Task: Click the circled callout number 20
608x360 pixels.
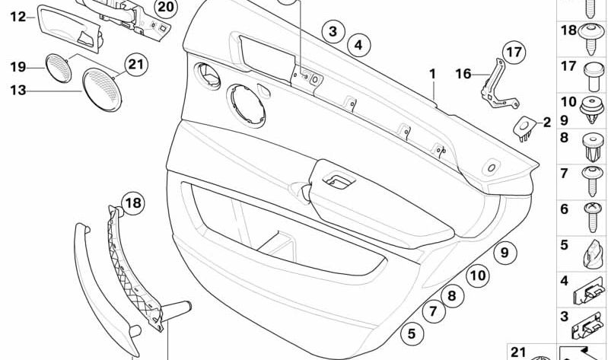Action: (x=165, y=8)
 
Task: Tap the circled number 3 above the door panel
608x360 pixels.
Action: (x=333, y=31)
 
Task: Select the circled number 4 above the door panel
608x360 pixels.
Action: (x=358, y=45)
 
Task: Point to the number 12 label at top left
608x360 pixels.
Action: (x=18, y=17)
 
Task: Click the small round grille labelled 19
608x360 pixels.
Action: (x=58, y=68)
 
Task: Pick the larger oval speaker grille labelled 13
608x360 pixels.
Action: (x=102, y=90)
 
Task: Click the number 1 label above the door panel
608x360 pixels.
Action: (x=432, y=74)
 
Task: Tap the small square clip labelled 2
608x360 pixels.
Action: (x=524, y=129)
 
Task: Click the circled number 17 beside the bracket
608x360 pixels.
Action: (x=514, y=53)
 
